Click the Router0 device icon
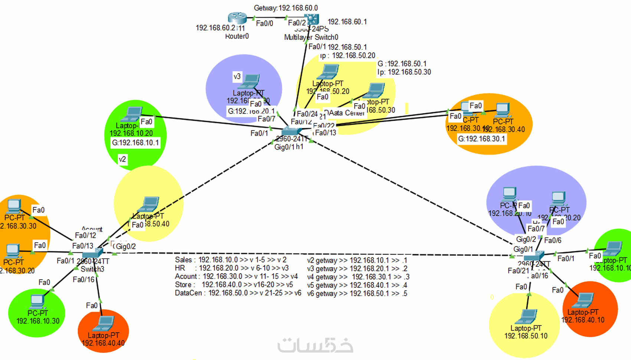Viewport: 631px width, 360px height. coord(237,18)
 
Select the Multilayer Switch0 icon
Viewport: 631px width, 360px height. coord(311,19)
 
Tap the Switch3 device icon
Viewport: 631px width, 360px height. coord(92,253)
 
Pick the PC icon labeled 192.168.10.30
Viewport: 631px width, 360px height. coord(37,301)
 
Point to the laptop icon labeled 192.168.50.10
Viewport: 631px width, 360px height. coord(527,317)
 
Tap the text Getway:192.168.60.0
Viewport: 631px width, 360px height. coord(286,8)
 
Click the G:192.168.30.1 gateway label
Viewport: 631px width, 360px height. coord(481,139)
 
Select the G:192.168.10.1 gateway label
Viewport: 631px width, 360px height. coord(135,143)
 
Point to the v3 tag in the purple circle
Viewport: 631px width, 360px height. coord(237,76)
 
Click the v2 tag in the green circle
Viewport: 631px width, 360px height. coord(122,159)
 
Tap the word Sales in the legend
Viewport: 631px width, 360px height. coord(183,260)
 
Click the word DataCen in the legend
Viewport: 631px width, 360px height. coord(189,293)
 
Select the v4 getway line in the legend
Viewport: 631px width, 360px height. coord(358,277)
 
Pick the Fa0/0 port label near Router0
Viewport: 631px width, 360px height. coord(264,23)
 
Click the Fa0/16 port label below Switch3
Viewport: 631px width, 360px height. coord(84,279)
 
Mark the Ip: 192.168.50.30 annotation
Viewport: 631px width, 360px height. coord(404,72)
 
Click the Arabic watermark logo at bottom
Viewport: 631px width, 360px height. coord(315,345)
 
